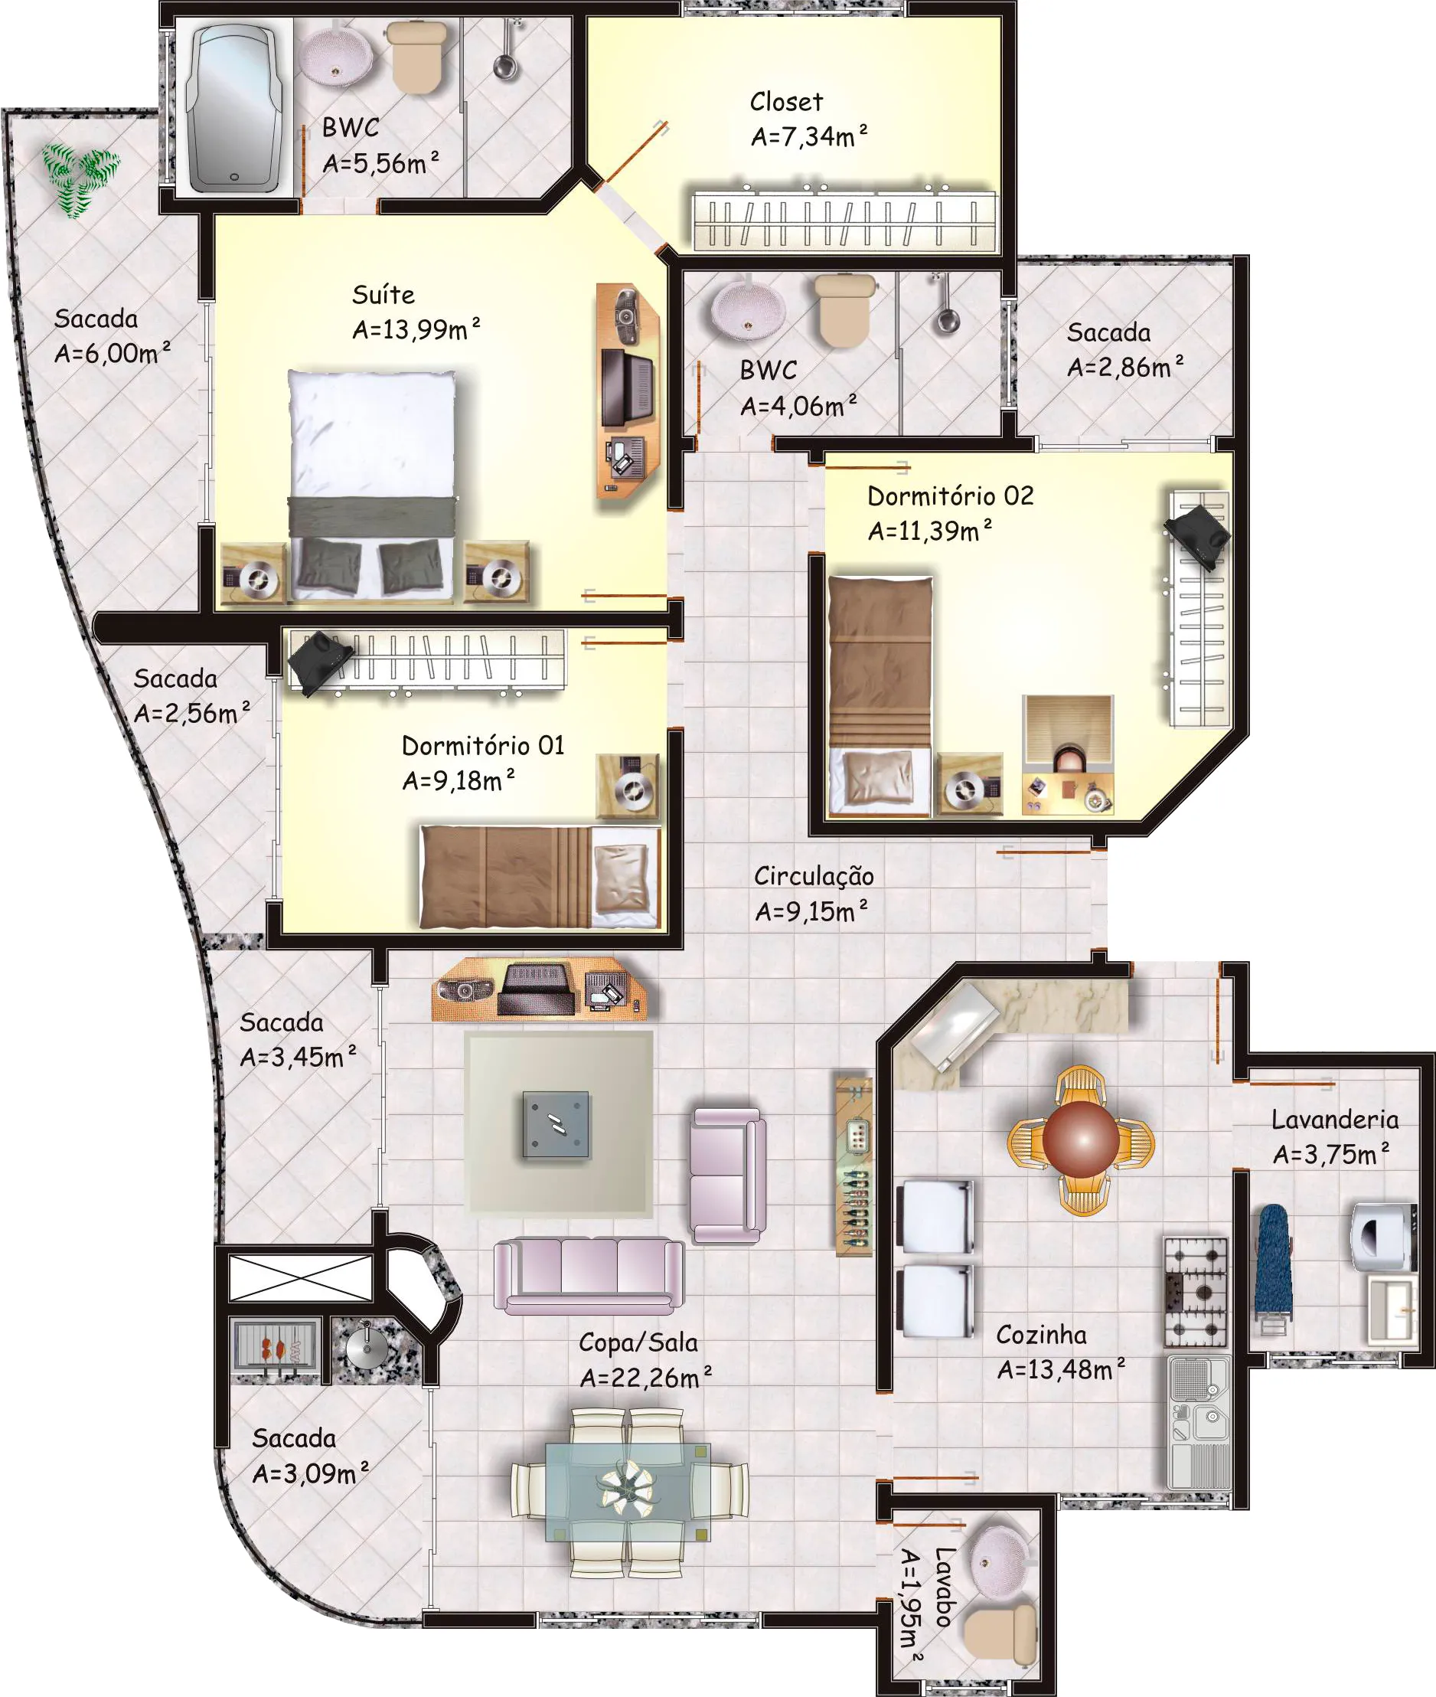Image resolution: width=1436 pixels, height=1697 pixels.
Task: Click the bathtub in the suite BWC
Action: coord(233,106)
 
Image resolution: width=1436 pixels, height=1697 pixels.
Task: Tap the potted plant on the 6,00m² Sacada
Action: coord(80,179)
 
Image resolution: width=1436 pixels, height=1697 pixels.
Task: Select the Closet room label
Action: coord(785,102)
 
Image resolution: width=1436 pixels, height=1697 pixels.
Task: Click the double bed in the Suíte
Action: coord(372,486)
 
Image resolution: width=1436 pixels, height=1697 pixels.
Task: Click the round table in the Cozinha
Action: coord(1081,1139)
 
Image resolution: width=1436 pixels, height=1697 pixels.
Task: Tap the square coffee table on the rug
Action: coord(556,1124)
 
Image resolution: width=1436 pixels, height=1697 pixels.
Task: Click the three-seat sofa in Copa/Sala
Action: coord(588,1276)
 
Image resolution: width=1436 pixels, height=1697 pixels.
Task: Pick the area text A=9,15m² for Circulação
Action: coord(811,911)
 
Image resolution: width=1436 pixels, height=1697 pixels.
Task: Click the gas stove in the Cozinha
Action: coord(1195,1291)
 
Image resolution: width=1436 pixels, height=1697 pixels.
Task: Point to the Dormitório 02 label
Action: coord(950,496)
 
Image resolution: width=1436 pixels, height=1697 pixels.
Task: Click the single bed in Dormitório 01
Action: coord(540,878)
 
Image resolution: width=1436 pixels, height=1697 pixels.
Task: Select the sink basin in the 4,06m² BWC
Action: coord(748,309)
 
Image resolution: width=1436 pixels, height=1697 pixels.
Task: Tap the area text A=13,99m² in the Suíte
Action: coord(416,330)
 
